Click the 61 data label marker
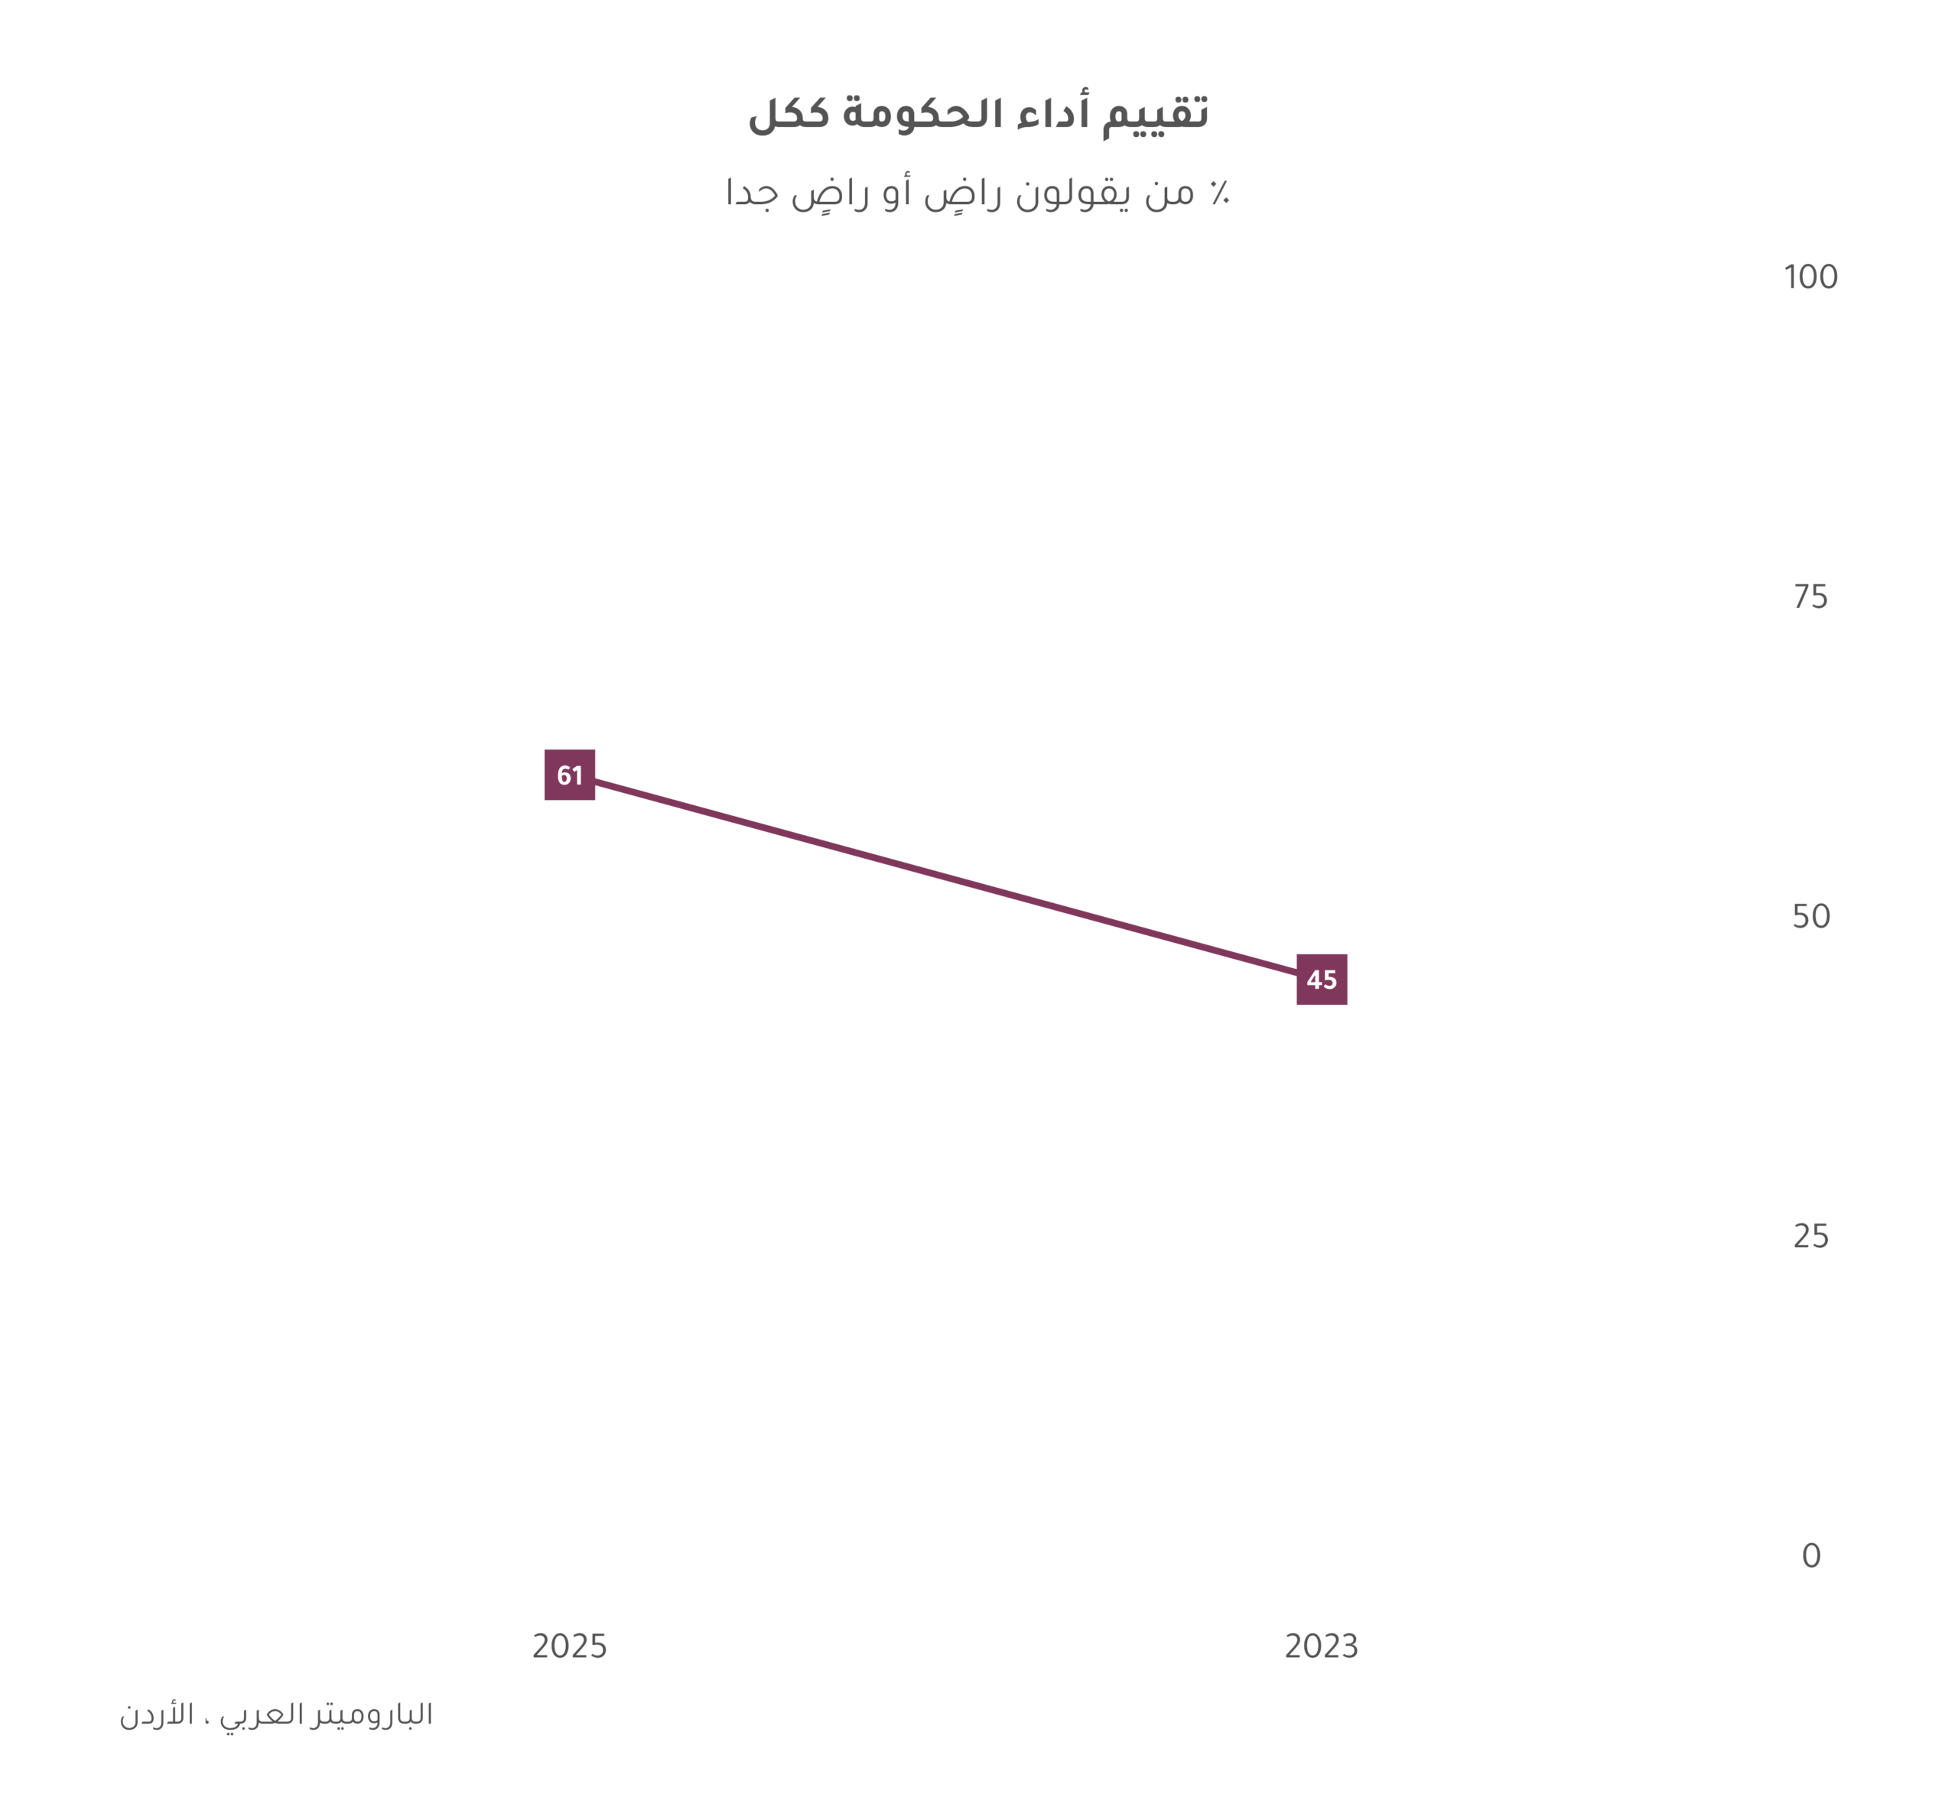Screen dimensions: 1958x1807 point(569,775)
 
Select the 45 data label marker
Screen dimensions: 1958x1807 point(1322,979)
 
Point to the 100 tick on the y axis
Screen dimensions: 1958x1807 point(1810,278)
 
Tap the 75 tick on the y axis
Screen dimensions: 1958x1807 point(1810,596)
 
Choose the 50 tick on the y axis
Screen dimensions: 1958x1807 point(1810,916)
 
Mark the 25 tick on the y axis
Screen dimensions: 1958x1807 point(1810,1237)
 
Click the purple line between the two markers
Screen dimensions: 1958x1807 point(946,877)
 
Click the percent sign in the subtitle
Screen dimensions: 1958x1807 point(1218,193)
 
